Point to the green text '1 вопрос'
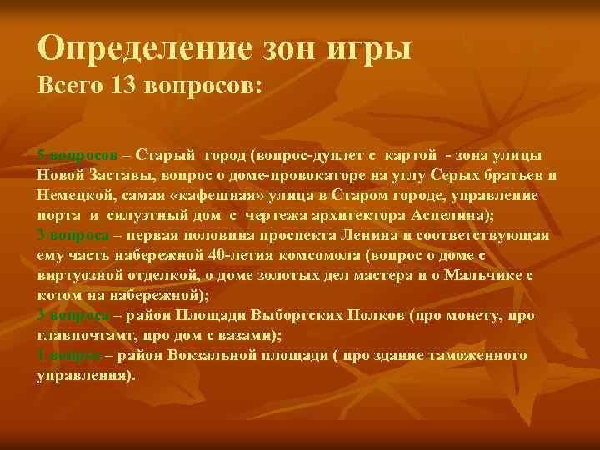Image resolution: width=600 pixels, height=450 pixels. pos(69,355)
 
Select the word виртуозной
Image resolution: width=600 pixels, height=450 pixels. pos(79,275)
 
